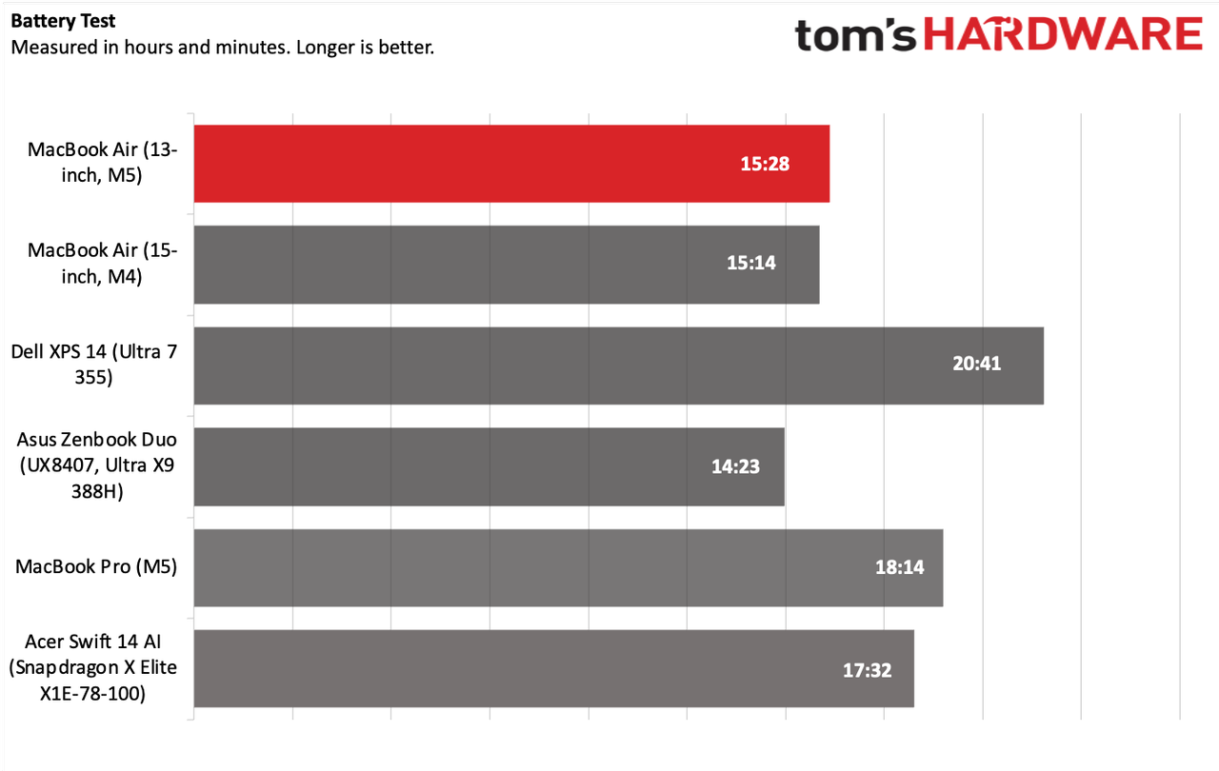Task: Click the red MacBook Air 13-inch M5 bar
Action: [x=511, y=164]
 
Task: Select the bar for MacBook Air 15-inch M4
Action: [x=507, y=265]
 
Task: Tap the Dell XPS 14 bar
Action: [x=619, y=366]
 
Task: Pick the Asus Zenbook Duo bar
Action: [x=490, y=466]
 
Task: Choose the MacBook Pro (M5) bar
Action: [x=569, y=567]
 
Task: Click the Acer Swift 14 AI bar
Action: [x=554, y=668]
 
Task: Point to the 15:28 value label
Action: [x=765, y=164]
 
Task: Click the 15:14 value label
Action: [x=751, y=263]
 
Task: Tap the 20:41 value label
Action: [x=976, y=364]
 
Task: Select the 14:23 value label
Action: [x=735, y=466]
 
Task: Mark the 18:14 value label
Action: [x=899, y=567]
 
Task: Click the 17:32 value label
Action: [x=867, y=670]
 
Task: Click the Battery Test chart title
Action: [x=63, y=21]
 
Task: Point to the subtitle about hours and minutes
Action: [x=223, y=48]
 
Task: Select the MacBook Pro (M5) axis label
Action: [x=96, y=567]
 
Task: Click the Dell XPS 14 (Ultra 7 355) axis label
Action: [x=94, y=365]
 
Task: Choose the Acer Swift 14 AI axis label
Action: [x=93, y=667]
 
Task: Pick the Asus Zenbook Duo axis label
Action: [x=97, y=465]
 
